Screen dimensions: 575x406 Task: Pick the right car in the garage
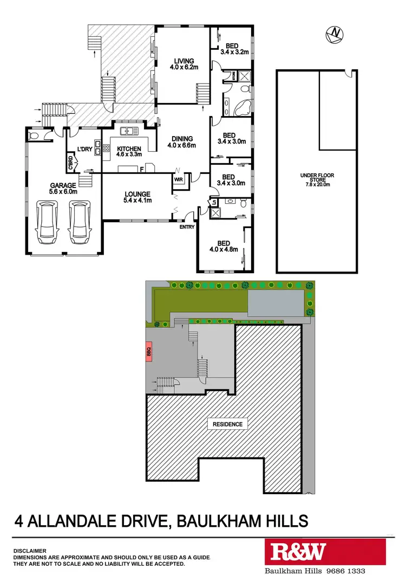pos(80,223)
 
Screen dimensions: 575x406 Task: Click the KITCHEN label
pos(129,152)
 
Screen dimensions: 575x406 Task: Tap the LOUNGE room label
pos(137,197)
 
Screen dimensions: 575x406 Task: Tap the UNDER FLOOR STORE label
pos(316,179)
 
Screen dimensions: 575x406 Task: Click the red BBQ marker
pos(149,352)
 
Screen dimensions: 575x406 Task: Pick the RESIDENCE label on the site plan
pos(227,424)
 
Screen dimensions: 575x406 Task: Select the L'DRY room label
pos(84,149)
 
